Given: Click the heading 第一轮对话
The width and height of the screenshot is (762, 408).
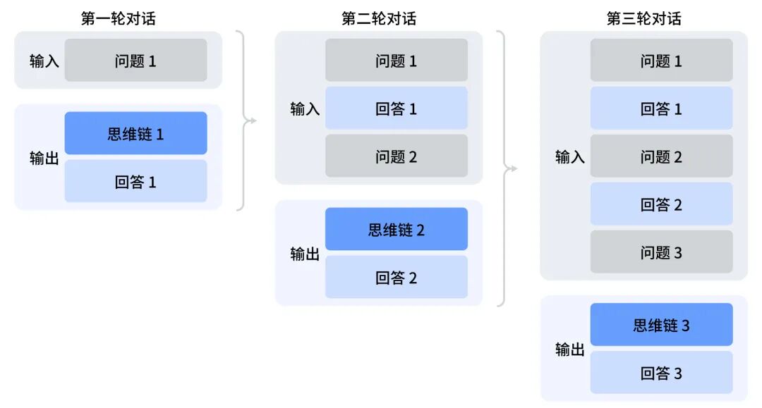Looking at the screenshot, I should click(119, 18).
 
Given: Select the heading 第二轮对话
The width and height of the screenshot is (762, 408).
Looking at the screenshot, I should click(379, 18).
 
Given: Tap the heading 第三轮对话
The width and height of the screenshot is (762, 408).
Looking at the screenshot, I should click(643, 18).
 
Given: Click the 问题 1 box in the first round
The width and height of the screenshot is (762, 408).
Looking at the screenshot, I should click(136, 61).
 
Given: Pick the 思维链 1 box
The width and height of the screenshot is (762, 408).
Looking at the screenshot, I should click(136, 133).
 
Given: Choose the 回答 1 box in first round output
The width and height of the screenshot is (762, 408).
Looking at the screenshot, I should click(136, 182).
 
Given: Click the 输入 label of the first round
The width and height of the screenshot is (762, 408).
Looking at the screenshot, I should click(44, 61).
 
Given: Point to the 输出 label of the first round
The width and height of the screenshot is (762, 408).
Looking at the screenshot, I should click(44, 158).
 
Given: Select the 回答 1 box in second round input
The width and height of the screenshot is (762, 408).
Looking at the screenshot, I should click(397, 109).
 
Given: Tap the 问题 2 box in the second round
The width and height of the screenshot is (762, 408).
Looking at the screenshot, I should click(397, 156).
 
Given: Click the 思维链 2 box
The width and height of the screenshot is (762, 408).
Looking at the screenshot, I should click(397, 229).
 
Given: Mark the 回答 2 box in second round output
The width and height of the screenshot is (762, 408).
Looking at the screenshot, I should click(397, 278).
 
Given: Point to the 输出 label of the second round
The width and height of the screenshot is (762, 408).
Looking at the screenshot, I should click(305, 254).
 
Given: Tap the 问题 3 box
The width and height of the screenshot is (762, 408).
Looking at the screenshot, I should click(662, 252).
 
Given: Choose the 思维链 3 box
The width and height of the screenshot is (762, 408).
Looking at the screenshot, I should click(662, 325).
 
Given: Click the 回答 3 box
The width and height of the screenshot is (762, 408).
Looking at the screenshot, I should click(662, 373).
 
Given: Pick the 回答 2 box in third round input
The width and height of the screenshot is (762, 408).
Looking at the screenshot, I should click(662, 204).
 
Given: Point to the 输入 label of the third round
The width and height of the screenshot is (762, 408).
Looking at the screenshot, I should click(570, 156).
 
